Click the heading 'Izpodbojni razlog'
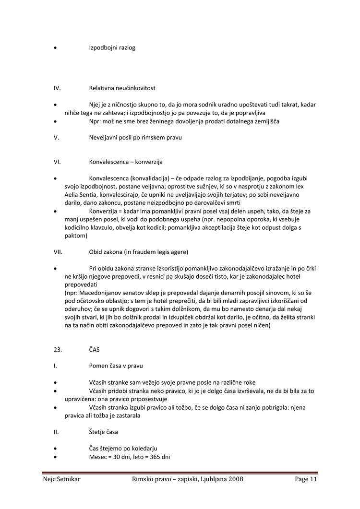(112, 48)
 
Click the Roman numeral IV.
(57, 88)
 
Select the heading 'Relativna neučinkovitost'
(122, 88)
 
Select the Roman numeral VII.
(58, 252)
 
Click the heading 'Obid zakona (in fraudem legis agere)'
(139, 252)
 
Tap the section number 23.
(57, 350)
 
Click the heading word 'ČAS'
(94, 350)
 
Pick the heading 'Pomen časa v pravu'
(116, 366)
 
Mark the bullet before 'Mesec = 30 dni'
(56, 457)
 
